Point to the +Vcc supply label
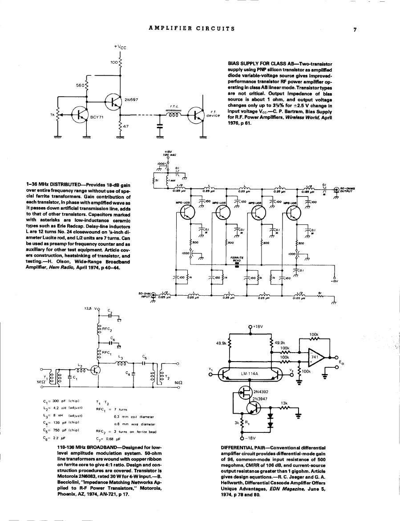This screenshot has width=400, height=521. [120, 47]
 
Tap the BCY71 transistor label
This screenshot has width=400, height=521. [97, 117]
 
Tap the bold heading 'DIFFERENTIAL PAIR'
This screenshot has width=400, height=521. [246, 447]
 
